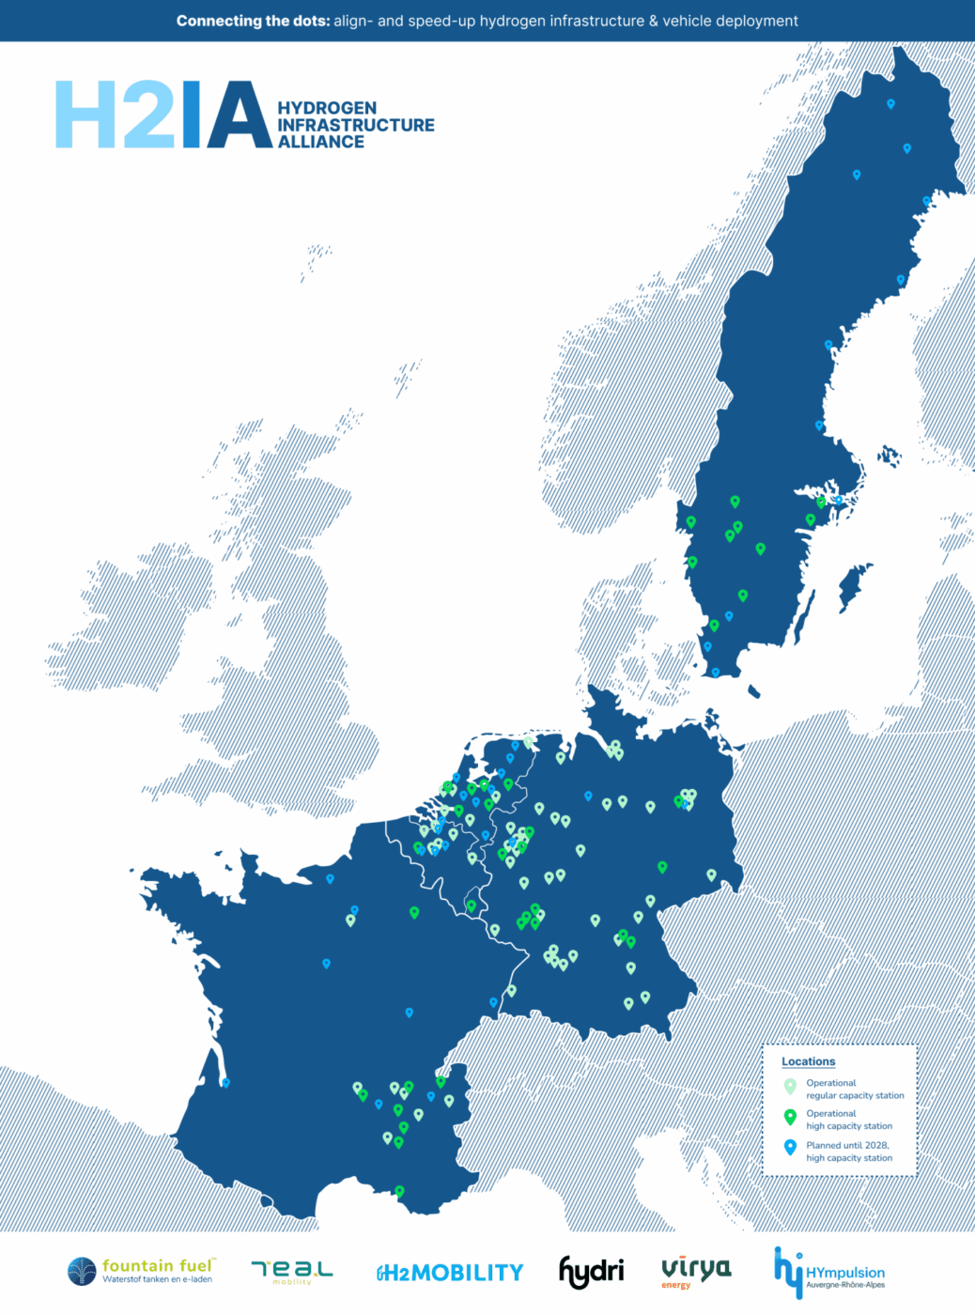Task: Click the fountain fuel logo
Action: [x=140, y=1271]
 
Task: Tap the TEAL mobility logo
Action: [x=291, y=1271]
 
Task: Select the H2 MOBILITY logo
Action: [x=450, y=1273]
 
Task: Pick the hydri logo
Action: [x=591, y=1271]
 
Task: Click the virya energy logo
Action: [x=696, y=1270]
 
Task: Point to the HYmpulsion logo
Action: [x=829, y=1273]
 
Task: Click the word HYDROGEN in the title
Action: [x=327, y=108]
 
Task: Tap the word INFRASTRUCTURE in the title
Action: [x=356, y=125]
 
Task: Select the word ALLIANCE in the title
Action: [x=321, y=142]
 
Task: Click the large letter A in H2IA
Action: [x=240, y=116]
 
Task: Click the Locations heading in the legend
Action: [x=808, y=1061]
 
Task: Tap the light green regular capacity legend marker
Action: [x=790, y=1086]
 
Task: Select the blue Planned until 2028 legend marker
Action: [x=790, y=1147]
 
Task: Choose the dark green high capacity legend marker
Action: [x=790, y=1117]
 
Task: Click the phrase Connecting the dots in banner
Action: [x=253, y=21]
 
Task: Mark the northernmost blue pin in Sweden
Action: [x=890, y=104]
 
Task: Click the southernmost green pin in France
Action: [x=399, y=1191]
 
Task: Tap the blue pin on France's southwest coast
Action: [x=225, y=1083]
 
